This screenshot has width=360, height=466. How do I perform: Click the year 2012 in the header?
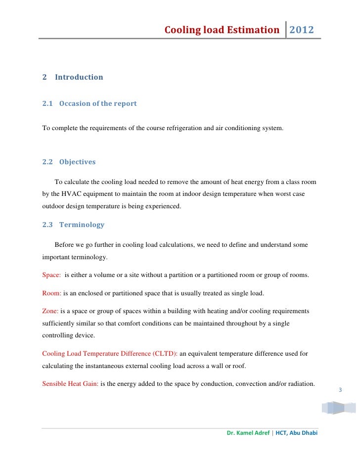click(301, 30)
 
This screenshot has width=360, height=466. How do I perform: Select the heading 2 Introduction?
click(73, 77)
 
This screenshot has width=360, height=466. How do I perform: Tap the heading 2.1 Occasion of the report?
click(89, 104)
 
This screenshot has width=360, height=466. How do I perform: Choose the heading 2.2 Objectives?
click(69, 162)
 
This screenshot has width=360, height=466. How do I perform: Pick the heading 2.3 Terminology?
click(73, 225)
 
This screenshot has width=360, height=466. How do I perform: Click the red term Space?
click(52, 275)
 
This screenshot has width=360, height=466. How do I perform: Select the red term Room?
click(52, 293)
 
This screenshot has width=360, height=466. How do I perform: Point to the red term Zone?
click(50, 311)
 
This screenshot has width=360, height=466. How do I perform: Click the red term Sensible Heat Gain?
click(70, 384)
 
